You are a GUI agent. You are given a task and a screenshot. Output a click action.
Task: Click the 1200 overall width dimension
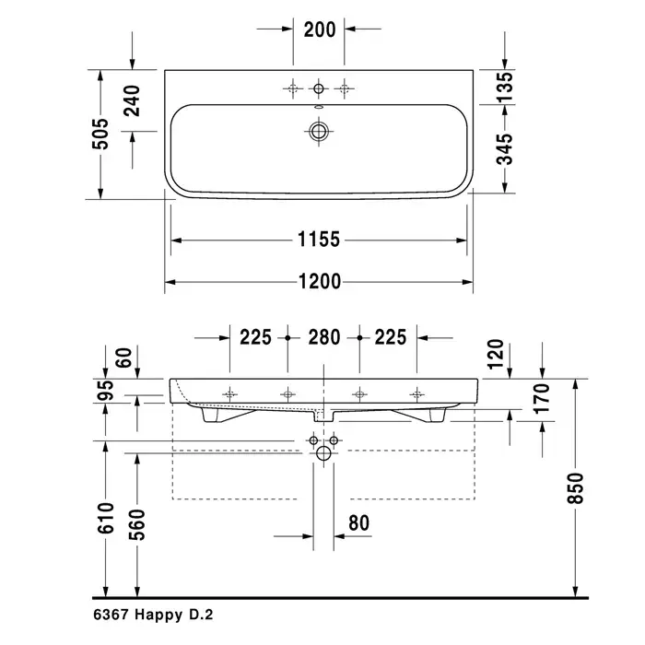(320, 282)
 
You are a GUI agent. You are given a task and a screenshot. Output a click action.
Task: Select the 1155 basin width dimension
(319, 240)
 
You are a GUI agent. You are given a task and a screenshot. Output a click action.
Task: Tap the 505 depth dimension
(100, 135)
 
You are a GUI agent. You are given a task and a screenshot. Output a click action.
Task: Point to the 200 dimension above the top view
(320, 29)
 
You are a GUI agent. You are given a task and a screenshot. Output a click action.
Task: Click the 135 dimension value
(505, 87)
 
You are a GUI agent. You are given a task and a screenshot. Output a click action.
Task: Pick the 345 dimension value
(505, 149)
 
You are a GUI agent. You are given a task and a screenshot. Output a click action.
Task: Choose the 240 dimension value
(132, 100)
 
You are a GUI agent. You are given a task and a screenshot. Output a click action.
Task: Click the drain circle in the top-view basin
(319, 132)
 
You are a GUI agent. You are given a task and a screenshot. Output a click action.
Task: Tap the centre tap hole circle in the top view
(319, 88)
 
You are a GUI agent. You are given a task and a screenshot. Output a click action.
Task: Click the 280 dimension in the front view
(324, 337)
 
